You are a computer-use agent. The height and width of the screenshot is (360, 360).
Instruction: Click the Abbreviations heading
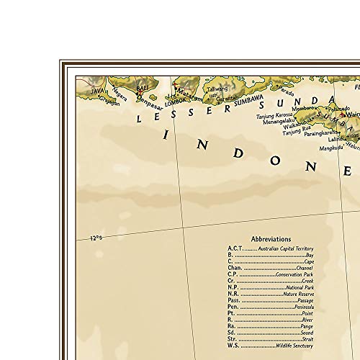point(271,239)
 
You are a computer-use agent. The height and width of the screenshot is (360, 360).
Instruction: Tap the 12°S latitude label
point(96,238)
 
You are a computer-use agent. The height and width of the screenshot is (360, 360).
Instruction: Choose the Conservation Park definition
point(295,275)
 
